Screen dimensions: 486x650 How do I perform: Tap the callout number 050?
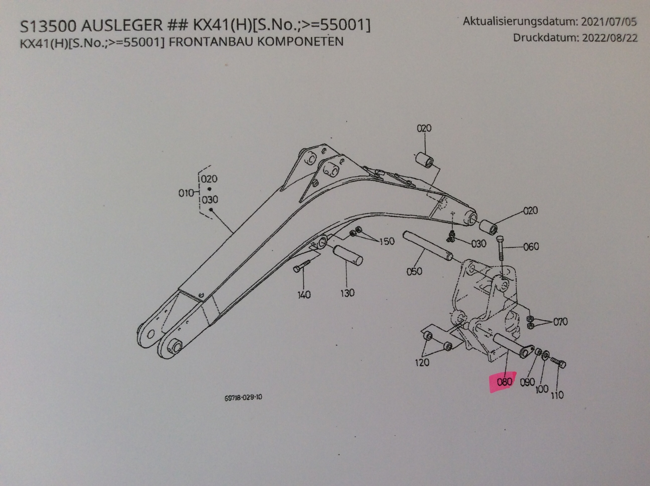(x=414, y=271)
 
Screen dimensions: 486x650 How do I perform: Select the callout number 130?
(x=348, y=293)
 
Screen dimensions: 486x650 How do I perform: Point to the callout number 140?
(x=304, y=294)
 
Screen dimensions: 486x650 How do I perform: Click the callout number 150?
(x=387, y=241)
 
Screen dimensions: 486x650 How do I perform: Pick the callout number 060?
(x=531, y=246)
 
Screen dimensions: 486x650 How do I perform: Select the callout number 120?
(x=422, y=362)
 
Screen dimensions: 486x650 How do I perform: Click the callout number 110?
(x=557, y=395)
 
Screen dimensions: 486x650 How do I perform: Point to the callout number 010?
(x=186, y=193)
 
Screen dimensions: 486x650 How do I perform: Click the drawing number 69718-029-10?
(x=243, y=397)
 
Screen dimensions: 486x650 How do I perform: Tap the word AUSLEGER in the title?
(x=122, y=25)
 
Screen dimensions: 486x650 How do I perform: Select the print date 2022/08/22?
(x=610, y=38)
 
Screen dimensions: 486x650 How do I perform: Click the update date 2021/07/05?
(x=609, y=22)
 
